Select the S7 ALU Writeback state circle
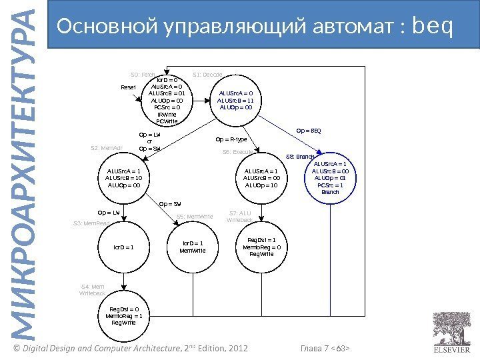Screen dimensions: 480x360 [x=261, y=247]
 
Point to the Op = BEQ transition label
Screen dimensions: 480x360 [x=308, y=130]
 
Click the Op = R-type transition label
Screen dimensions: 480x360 [x=231, y=140]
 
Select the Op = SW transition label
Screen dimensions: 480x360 [x=170, y=204]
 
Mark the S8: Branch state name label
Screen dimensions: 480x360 [x=299, y=157]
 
